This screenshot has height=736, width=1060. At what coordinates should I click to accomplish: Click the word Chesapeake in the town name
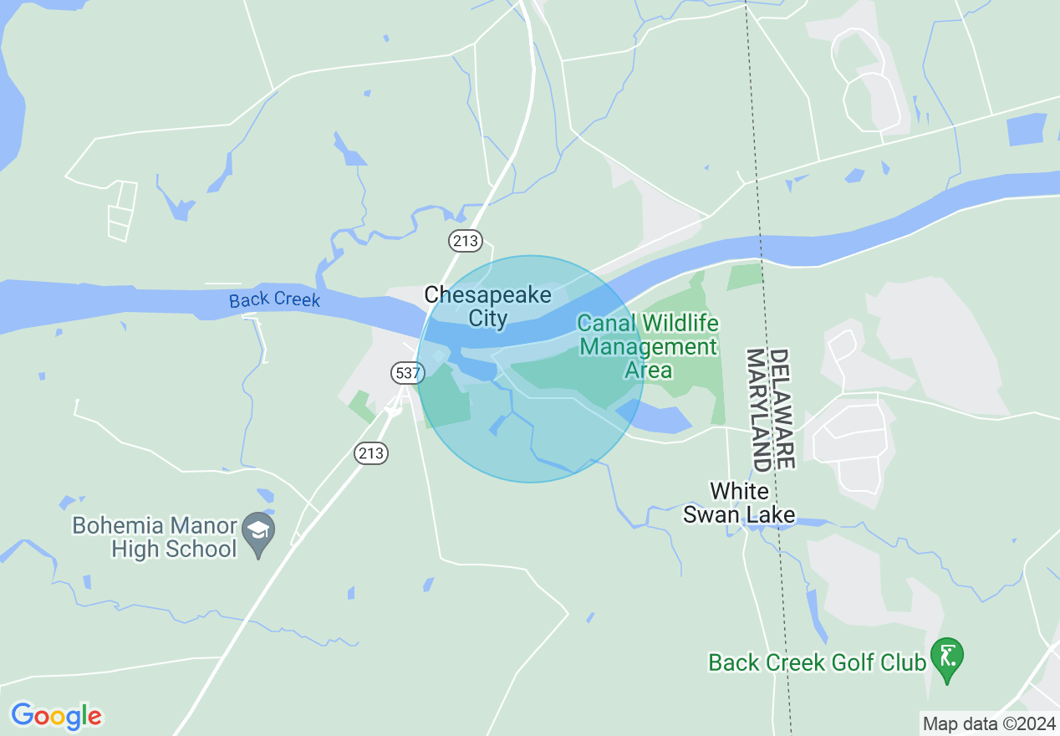point(487,295)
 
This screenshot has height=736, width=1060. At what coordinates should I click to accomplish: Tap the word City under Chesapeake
point(487,318)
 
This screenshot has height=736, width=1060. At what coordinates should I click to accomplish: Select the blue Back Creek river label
point(274,299)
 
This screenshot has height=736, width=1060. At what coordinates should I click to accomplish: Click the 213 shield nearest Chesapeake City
point(465,241)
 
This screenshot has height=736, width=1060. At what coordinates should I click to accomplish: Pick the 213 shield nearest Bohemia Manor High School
point(371,452)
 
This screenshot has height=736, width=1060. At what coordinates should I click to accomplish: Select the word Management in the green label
point(649,346)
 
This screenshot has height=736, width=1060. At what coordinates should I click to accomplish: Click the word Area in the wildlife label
point(649,369)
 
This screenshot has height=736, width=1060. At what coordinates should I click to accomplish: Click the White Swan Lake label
point(739,503)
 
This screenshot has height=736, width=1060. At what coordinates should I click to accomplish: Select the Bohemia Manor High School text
point(155,537)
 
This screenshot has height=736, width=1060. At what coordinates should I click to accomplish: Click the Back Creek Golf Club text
point(817,662)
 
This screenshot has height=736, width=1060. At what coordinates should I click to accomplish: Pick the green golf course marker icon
point(947,654)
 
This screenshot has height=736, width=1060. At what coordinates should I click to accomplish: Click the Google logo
point(56,716)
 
